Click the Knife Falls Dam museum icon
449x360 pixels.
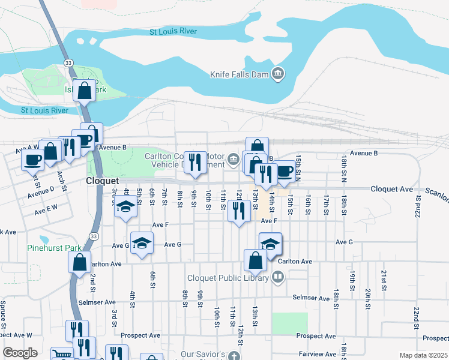click(x=278, y=74)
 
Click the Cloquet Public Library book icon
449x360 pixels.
click(x=277, y=277)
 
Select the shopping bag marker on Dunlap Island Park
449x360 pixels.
click(x=84, y=92)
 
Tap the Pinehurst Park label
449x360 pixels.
click(x=54, y=247)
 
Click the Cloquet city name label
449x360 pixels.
click(x=103, y=181)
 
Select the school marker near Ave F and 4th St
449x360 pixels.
click(x=125, y=208)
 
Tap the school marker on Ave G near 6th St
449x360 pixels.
click(x=142, y=244)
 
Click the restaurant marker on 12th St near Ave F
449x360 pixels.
click(x=239, y=211)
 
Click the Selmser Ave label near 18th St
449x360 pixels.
click(x=311, y=298)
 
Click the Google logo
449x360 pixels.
click(x=20, y=353)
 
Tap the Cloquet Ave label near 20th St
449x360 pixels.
click(x=391, y=189)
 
